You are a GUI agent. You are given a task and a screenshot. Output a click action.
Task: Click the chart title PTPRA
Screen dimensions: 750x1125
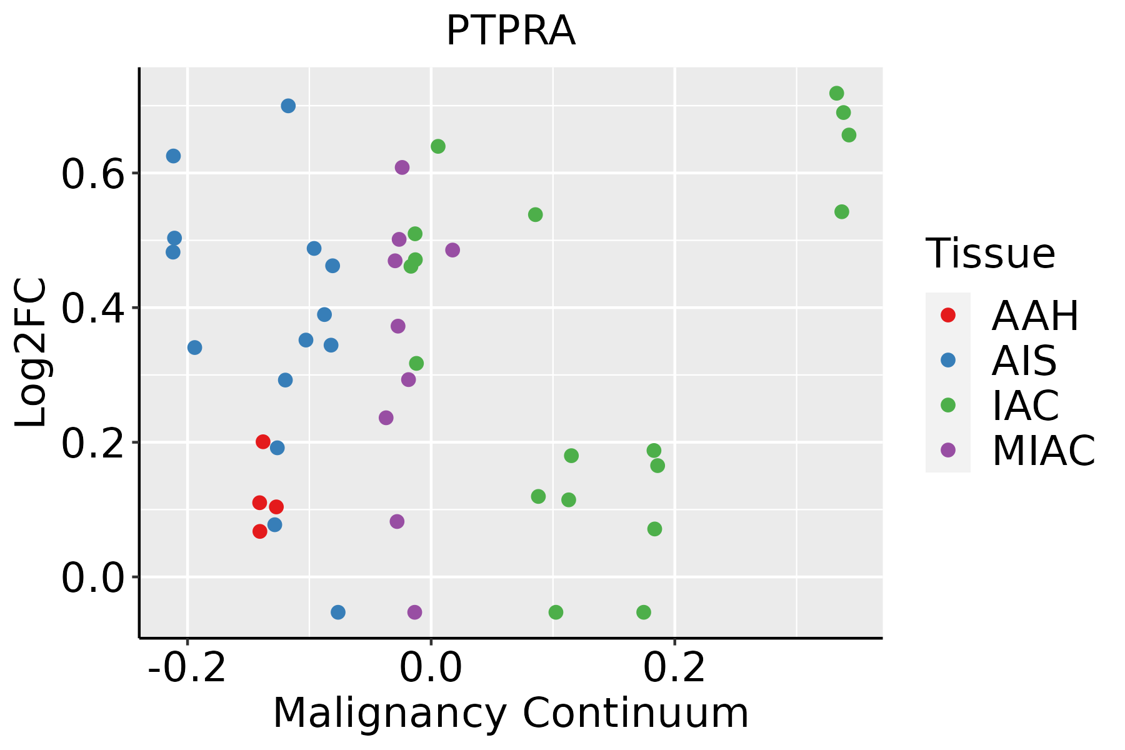[511, 31]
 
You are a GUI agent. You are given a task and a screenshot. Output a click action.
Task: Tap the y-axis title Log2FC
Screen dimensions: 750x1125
[31, 353]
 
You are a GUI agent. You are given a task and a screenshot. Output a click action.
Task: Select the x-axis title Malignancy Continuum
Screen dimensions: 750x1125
[511, 714]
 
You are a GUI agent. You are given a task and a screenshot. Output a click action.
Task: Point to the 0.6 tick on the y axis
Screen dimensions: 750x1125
[92, 174]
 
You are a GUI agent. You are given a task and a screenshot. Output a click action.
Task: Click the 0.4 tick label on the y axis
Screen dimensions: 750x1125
[92, 309]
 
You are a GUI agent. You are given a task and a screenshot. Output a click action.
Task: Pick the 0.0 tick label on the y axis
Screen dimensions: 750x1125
[92, 578]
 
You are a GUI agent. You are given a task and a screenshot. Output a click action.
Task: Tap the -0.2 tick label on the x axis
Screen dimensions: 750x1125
[186, 669]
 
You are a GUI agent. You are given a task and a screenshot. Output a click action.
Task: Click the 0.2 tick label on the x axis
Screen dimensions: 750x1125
[674, 669]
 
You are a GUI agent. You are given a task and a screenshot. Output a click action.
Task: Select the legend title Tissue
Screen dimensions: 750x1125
[991, 254]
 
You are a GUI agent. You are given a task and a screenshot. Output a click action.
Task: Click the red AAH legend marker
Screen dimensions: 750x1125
[948, 315]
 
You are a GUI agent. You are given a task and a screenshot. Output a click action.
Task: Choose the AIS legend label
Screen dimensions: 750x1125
[1024, 361]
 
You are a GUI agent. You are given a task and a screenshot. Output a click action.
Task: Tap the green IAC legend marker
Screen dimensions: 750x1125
[948, 405]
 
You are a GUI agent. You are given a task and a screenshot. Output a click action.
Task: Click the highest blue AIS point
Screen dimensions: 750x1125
[288, 106]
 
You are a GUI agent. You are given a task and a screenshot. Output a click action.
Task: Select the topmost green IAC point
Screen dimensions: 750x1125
[837, 93]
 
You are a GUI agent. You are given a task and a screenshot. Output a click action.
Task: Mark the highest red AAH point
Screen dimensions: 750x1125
[263, 442]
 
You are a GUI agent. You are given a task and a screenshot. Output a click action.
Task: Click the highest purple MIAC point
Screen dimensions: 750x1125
[402, 167]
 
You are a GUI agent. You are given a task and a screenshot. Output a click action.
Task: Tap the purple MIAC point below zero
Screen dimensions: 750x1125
[415, 612]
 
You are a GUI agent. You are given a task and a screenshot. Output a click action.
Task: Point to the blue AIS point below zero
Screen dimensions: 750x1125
[338, 612]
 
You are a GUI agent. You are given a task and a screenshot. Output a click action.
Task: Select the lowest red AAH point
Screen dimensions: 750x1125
[260, 531]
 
